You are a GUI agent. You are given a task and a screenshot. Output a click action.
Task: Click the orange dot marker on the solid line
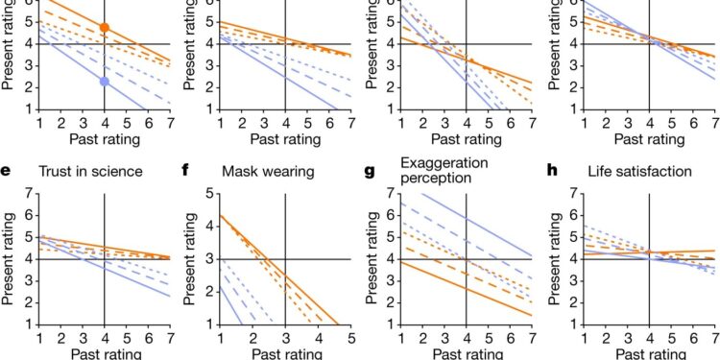tap(105, 28)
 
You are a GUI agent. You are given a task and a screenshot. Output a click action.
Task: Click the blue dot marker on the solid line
tap(105, 82)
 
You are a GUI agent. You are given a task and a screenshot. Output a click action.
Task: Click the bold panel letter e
tap(7, 172)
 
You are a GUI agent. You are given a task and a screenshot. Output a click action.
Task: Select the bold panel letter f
tap(188, 172)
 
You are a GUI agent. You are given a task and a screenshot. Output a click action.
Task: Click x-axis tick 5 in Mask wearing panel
tap(350, 338)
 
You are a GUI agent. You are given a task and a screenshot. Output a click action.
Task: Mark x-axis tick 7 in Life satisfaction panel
tap(713, 338)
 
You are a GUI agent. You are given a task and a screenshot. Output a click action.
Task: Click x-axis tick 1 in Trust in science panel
tap(39, 338)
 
